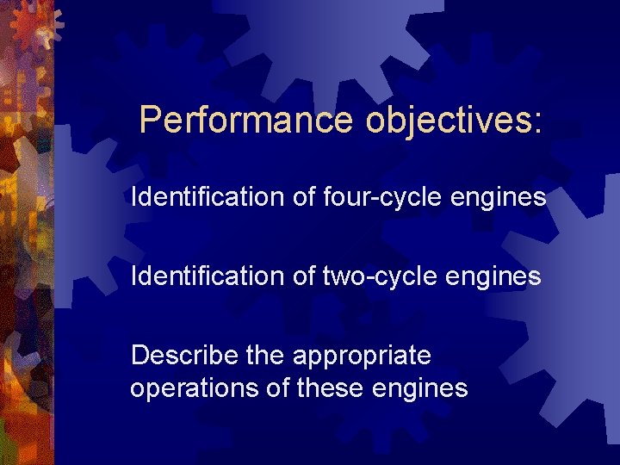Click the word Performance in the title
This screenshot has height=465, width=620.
(246, 120)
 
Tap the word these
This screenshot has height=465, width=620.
(331, 388)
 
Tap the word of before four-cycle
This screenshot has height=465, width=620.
(305, 198)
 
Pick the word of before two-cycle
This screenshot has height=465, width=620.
(305, 276)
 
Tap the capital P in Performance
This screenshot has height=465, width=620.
(150, 120)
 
